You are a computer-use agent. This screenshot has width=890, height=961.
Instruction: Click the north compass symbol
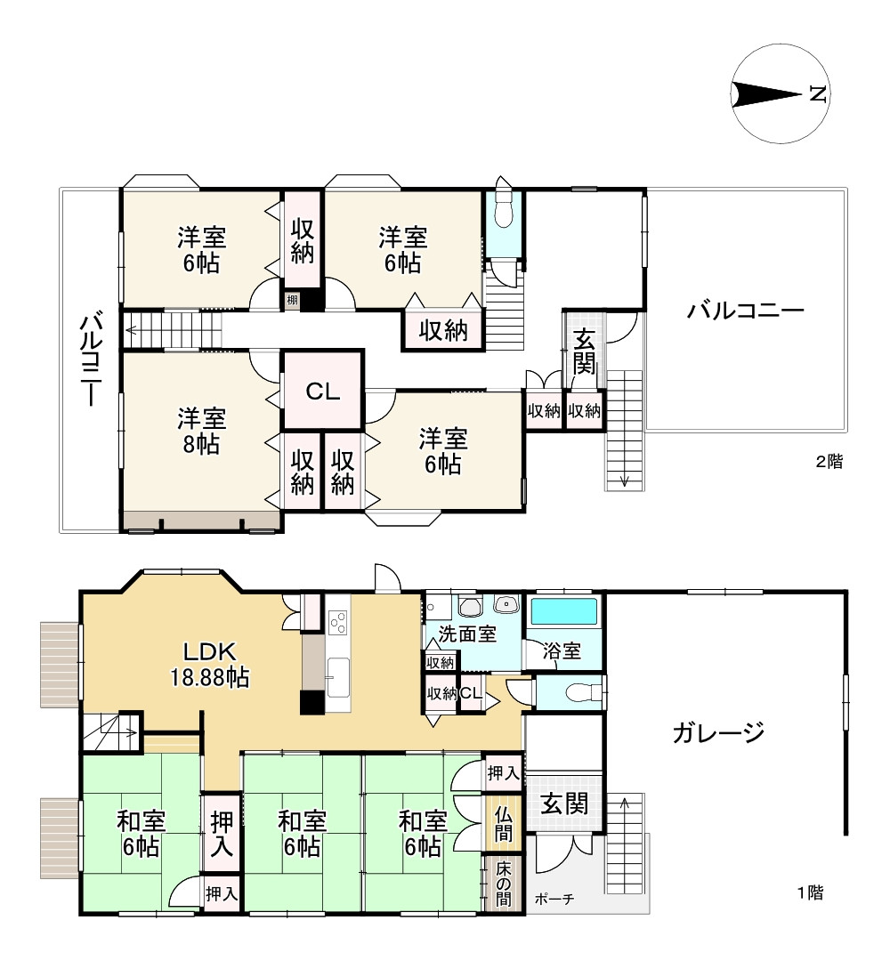point(780,94)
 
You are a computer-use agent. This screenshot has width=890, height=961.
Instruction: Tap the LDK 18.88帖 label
point(210,663)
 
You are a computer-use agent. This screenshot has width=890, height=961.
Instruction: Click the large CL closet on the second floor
point(322,391)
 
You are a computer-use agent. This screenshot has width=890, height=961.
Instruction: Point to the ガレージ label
point(718,733)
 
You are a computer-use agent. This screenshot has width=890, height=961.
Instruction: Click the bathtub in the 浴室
point(563,613)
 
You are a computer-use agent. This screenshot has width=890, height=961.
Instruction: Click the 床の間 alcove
point(504,884)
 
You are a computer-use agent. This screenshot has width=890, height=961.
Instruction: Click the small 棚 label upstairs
point(292,301)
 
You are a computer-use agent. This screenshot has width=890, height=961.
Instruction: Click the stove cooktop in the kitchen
point(337,621)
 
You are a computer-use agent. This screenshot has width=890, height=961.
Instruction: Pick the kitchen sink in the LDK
point(337,674)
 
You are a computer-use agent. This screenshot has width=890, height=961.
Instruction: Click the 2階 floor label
point(829,461)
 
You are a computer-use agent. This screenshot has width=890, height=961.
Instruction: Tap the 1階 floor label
point(809,893)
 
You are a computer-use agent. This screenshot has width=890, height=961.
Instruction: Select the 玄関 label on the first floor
point(564,804)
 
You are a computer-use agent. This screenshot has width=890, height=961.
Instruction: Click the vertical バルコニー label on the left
point(90,358)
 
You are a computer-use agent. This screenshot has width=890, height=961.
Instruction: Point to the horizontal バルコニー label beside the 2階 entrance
point(745,311)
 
